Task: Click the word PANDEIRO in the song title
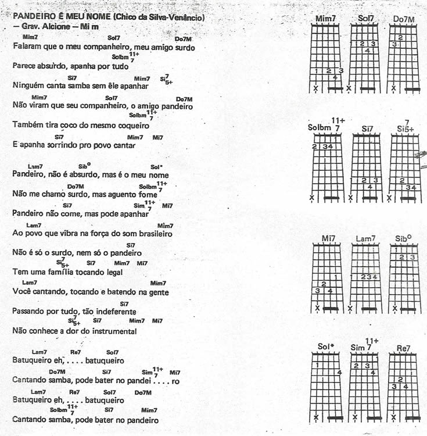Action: click(31, 17)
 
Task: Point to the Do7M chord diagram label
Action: click(404, 19)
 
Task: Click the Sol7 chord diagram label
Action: click(366, 19)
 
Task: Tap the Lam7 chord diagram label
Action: click(366, 238)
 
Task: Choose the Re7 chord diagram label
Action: click(403, 348)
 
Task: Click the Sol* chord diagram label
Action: click(326, 347)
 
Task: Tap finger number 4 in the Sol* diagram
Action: click(339, 373)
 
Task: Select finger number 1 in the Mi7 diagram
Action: click(338, 277)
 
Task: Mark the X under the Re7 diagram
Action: click(394, 417)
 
